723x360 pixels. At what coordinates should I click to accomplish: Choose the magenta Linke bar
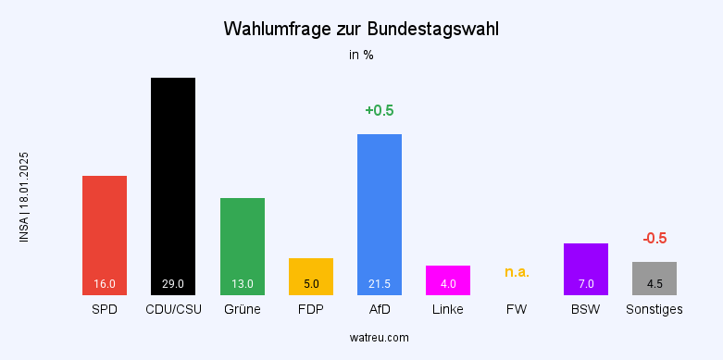point(448,279)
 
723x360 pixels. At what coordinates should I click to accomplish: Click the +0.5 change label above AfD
point(380,111)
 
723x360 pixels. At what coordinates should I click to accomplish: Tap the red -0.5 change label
point(654,239)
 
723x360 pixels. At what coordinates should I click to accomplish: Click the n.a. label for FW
point(517,272)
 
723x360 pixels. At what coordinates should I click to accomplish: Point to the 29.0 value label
point(173,284)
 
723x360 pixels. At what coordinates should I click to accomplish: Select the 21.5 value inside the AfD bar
point(380,284)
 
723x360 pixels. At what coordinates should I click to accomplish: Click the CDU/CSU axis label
point(173,309)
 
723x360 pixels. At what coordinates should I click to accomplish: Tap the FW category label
point(517,309)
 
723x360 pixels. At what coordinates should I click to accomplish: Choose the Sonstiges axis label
point(654,309)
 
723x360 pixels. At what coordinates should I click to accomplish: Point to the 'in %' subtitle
point(361,55)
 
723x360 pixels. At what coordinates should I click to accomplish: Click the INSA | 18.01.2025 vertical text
point(24,197)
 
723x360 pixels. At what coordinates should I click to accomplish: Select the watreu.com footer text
point(361,338)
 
